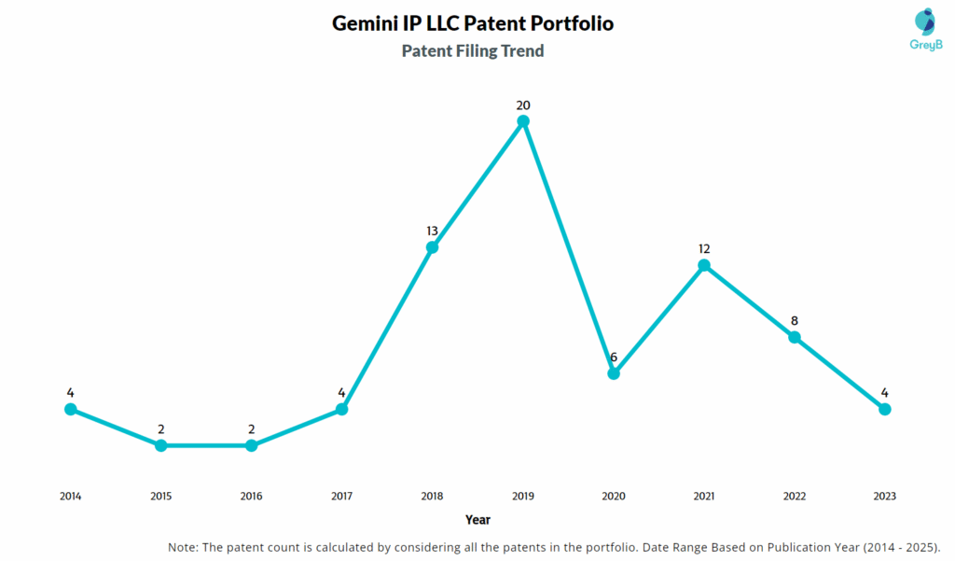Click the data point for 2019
[x=523, y=121]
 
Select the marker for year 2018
[x=432, y=247]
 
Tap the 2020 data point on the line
[x=614, y=373]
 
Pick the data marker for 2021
[x=704, y=265]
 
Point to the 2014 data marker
[x=70, y=409]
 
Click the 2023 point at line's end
[x=885, y=409]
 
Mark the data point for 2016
[x=251, y=445]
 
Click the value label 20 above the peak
[x=523, y=105]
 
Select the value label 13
[x=432, y=231]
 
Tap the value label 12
[x=704, y=248]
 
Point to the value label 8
[x=795, y=320]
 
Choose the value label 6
[x=614, y=357]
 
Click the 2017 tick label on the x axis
[x=341, y=497]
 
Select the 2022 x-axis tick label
[x=795, y=497]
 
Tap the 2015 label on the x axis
[x=160, y=497]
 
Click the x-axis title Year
[x=477, y=520]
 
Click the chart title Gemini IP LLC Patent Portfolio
[x=473, y=23]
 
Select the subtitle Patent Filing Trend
[x=473, y=51]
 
